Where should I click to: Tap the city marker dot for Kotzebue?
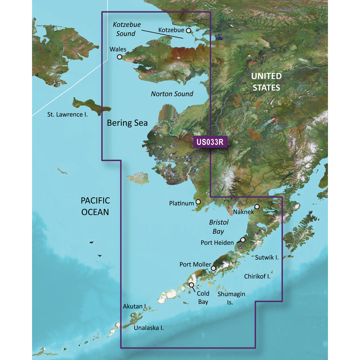pos(188,31)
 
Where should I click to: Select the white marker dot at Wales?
pos(120,57)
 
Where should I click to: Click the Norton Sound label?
pos(172,94)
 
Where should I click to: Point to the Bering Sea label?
pos(127,123)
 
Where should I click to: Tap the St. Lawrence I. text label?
pos(68,115)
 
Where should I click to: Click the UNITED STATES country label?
pos(266,82)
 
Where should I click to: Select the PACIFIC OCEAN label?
pos(95,206)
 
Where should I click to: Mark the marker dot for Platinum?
pos(198,203)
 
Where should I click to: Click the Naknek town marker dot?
pos(257,207)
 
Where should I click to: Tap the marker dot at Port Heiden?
pos(243,240)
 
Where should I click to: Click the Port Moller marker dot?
pos(213,268)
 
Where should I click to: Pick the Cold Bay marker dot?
pos(192,285)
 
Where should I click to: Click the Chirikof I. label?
pos(257,276)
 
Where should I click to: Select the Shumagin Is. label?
pos(231,298)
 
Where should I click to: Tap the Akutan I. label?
pos(134,307)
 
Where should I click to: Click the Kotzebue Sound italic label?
pos(126,29)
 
